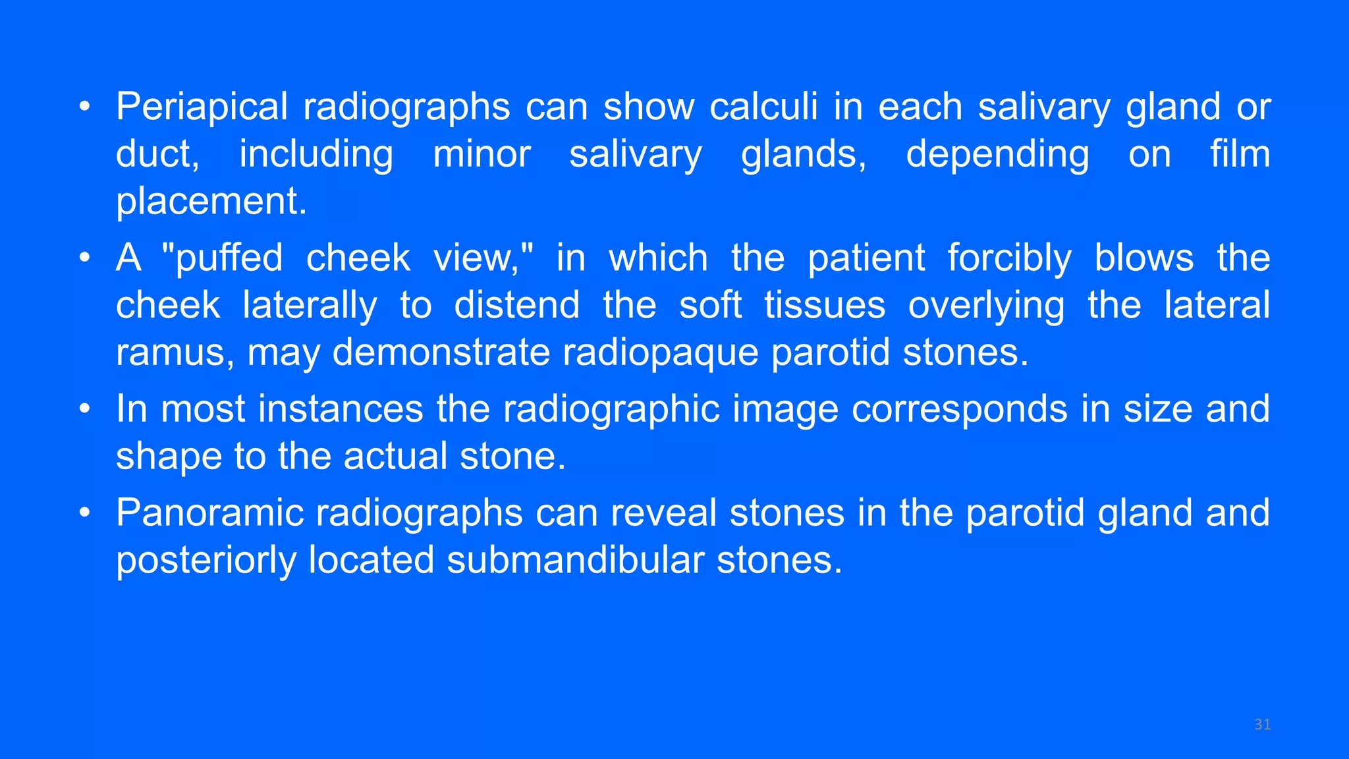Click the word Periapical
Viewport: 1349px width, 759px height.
coord(202,107)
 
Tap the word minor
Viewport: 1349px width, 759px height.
coord(482,154)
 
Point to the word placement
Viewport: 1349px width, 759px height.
coord(211,201)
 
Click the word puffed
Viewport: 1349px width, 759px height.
coord(229,258)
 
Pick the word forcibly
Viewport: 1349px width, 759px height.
coord(1010,258)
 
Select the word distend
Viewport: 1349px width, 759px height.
coord(516,305)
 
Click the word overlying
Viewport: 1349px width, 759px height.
coord(986,305)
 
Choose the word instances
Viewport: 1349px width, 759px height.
coord(341,409)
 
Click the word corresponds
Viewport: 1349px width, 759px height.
coord(959,409)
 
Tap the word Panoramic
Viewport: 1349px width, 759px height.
coord(209,513)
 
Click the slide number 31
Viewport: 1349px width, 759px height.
coord(1262,725)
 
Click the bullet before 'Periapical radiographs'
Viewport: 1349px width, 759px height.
coord(84,107)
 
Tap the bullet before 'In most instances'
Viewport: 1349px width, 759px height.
coord(84,409)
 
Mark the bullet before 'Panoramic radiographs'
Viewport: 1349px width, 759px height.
coord(84,513)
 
